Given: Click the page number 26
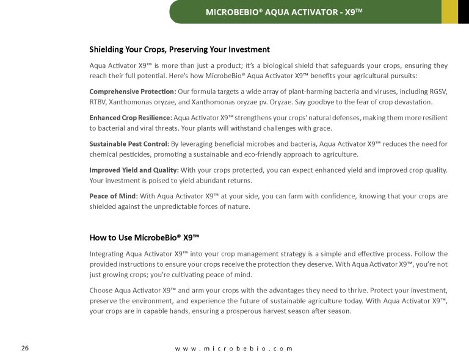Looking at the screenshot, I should (x=25, y=348).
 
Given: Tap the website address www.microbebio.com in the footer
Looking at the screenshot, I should (x=234, y=349).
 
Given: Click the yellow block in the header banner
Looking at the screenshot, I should (x=449, y=12).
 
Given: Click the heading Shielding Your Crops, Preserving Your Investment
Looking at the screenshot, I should (x=180, y=49).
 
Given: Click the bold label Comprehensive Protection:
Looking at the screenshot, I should (x=124, y=92).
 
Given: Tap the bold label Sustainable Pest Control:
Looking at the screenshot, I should (x=129, y=144).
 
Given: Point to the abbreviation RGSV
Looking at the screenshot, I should (x=438, y=92).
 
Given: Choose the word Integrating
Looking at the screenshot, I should (x=107, y=253).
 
